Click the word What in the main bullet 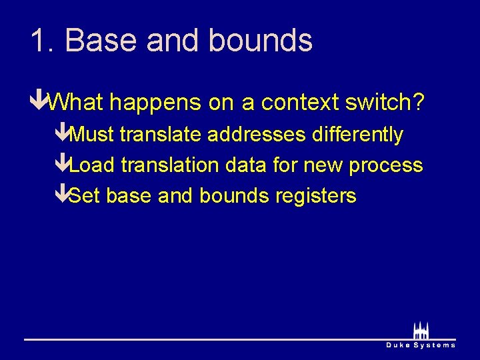(x=77, y=103)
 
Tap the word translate (x=161, y=135)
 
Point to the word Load (x=92, y=165)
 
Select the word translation (x=169, y=165)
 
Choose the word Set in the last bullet (x=85, y=196)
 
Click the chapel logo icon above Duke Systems (x=420, y=331)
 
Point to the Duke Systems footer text (x=421, y=345)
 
